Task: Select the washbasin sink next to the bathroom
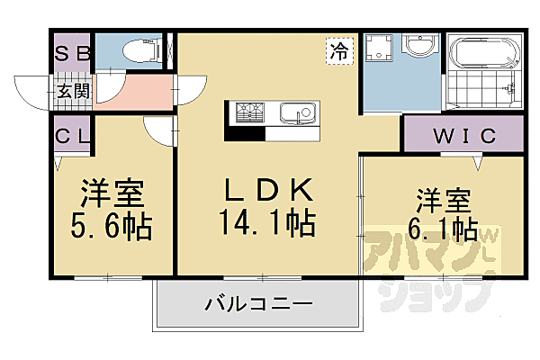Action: pyautogui.click(x=418, y=47)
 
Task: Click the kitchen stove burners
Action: pyautogui.click(x=249, y=113)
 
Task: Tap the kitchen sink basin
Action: pyautogui.click(x=294, y=113)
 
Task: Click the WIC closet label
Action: pyautogui.click(x=463, y=137)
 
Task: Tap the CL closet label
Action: pyautogui.click(x=72, y=137)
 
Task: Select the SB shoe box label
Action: pyautogui.click(x=72, y=53)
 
